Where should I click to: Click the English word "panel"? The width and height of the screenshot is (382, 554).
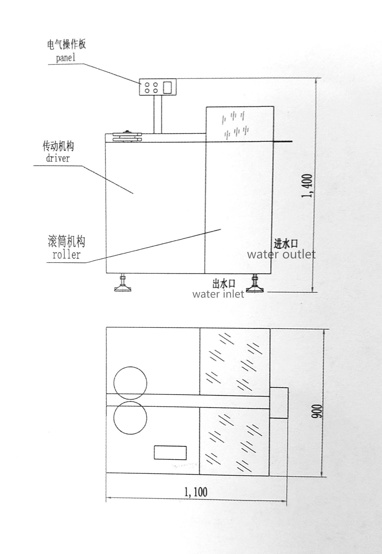click(65, 58)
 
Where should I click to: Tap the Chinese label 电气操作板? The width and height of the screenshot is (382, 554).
click(67, 44)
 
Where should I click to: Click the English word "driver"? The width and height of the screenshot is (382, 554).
click(58, 158)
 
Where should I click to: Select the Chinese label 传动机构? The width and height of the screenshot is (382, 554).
click(58, 146)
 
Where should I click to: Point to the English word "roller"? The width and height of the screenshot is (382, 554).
click(66, 255)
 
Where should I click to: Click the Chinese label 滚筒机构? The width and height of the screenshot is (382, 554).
click(67, 242)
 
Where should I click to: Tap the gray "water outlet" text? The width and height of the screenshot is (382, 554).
click(281, 254)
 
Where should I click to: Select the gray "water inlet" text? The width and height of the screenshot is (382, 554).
click(218, 294)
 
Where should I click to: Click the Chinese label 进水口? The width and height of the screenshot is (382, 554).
click(286, 244)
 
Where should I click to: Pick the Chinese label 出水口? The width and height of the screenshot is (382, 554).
click(224, 284)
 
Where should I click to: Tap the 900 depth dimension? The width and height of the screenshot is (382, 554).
click(317, 411)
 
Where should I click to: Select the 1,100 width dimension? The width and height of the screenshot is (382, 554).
click(196, 492)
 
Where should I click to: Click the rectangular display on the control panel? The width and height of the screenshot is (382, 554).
click(167, 87)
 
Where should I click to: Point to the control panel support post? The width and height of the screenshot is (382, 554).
click(158, 114)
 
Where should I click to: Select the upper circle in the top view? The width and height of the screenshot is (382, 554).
click(130, 383)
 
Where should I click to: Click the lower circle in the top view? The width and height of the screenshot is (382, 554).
click(130, 418)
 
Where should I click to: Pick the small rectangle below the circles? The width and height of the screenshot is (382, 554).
click(170, 453)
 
